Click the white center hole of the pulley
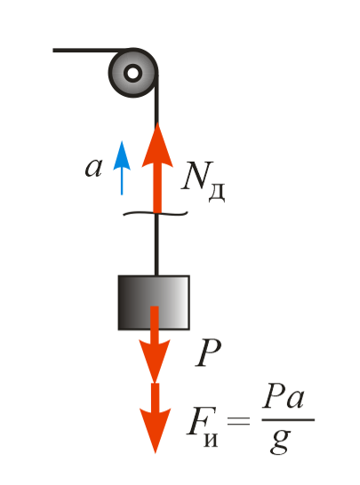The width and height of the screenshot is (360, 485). pyautogui.click(x=133, y=74)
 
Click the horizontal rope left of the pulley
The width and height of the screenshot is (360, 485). pyautogui.click(x=90, y=50)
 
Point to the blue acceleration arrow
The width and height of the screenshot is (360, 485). pyautogui.click(x=122, y=168)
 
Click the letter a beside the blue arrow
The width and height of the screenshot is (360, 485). pyautogui.click(x=93, y=168)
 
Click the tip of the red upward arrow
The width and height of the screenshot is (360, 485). pyautogui.click(x=157, y=123)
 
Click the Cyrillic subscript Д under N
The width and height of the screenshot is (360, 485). pyautogui.click(x=217, y=194)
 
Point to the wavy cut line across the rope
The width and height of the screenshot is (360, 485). pyautogui.click(x=156, y=213)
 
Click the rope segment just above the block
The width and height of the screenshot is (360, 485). pyautogui.click(x=156, y=244)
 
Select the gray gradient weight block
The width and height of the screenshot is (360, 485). pyautogui.click(x=154, y=303)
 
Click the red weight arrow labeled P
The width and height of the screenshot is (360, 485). pyautogui.click(x=155, y=344)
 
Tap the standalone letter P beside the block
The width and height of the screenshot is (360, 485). pyautogui.click(x=208, y=353)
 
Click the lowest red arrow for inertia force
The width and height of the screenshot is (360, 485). pyautogui.click(x=155, y=418)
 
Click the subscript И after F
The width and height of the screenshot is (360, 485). pyautogui.click(x=211, y=438)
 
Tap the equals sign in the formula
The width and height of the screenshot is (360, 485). pyautogui.click(x=238, y=421)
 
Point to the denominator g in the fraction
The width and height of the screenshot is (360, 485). pyautogui.click(x=280, y=441)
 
